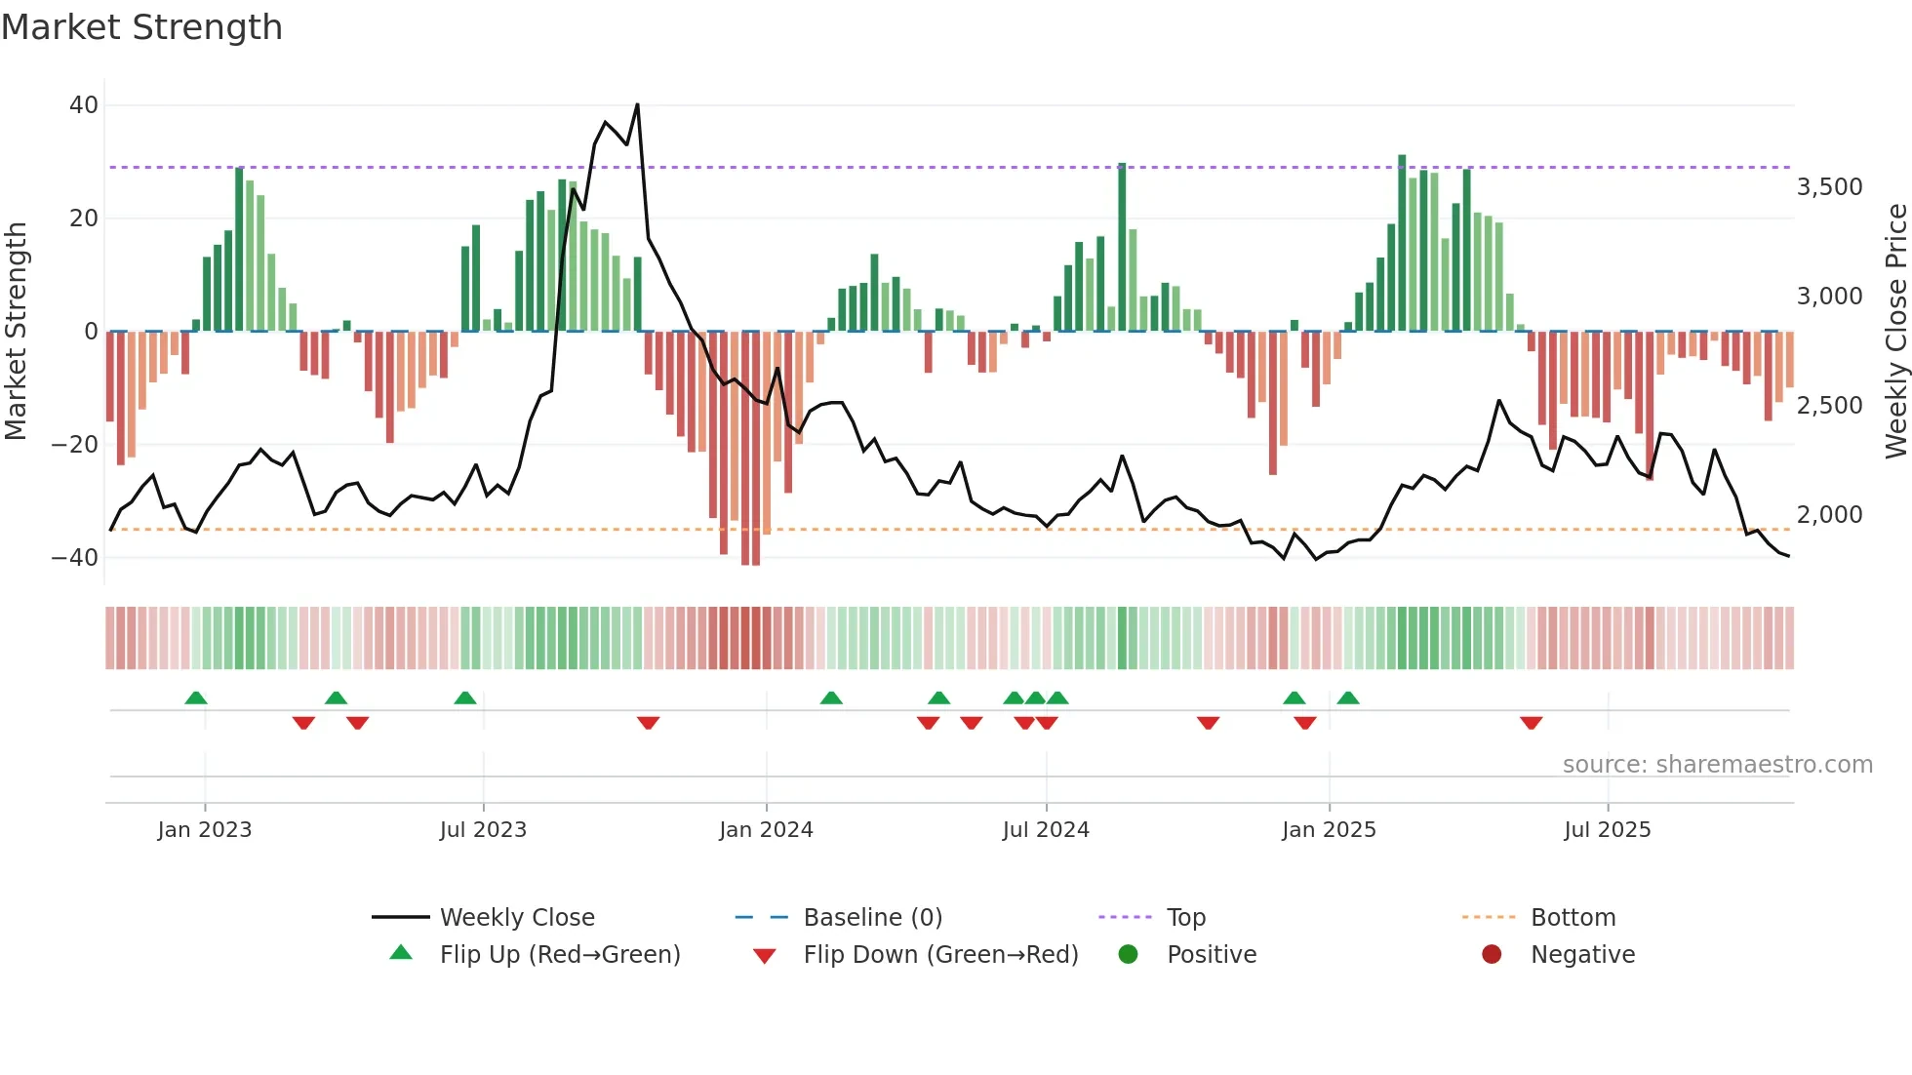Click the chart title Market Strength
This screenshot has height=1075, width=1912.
click(x=141, y=27)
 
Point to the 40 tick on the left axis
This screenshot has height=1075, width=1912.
click(x=84, y=105)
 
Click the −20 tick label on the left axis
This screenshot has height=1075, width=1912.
click(x=75, y=445)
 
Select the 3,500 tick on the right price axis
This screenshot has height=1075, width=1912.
click(x=1829, y=187)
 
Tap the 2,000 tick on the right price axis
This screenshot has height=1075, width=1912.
click(x=1829, y=515)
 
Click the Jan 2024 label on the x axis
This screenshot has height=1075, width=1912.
click(x=766, y=830)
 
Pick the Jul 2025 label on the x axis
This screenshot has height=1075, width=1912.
click(x=1607, y=830)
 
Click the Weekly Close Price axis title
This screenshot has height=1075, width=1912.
click(x=1895, y=332)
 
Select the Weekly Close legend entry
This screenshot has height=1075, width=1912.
click(x=516, y=918)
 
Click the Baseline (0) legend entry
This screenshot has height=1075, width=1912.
click(x=872, y=918)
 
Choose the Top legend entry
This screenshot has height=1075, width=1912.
click(x=1185, y=918)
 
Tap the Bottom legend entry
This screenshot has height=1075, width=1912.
click(x=1573, y=918)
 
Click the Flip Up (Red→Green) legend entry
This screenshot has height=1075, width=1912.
click(x=559, y=955)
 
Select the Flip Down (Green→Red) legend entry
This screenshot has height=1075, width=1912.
click(x=940, y=955)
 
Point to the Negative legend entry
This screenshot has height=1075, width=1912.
click(x=1581, y=955)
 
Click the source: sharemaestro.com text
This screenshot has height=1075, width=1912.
click(x=1717, y=765)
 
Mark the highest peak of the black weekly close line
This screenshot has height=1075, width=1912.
click(x=637, y=105)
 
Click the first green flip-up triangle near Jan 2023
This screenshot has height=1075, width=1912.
click(x=196, y=698)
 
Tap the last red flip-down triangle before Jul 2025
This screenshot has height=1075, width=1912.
click(x=1531, y=723)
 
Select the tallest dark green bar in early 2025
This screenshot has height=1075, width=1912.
click(x=1402, y=244)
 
